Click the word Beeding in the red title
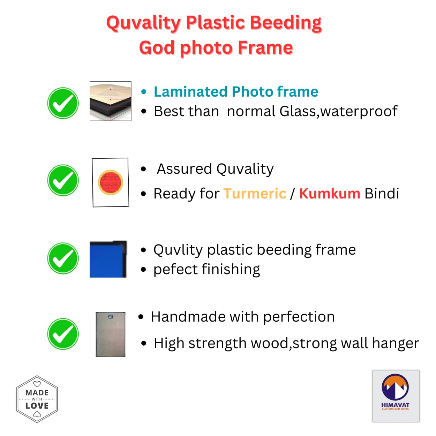(x=286, y=23)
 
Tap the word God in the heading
(x=157, y=47)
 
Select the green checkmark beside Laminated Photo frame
(x=63, y=103)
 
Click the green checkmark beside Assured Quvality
(x=63, y=180)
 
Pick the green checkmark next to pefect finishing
(x=63, y=258)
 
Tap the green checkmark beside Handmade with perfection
(x=63, y=334)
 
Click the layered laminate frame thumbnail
(x=111, y=101)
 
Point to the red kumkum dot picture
(x=111, y=182)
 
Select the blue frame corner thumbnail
(x=108, y=259)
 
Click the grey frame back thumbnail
(x=111, y=334)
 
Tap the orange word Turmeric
(x=255, y=194)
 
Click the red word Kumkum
(x=330, y=194)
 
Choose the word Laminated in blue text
(x=190, y=92)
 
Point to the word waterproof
(x=359, y=112)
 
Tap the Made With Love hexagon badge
(x=37, y=399)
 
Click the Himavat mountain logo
(x=396, y=396)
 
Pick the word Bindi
(x=382, y=194)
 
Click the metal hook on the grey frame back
(x=111, y=316)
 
